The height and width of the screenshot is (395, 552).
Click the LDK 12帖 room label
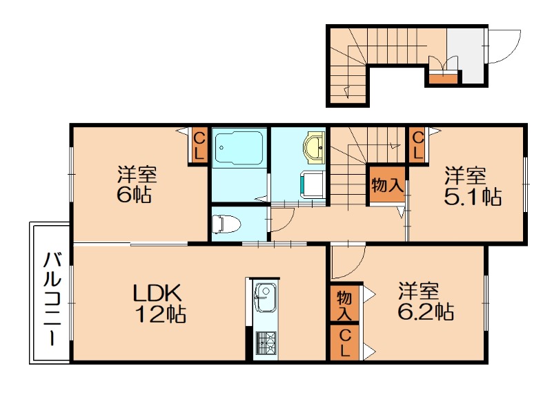click(x=160, y=303)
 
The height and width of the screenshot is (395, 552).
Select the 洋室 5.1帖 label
click(x=473, y=186)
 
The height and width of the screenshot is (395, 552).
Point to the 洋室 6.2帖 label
click(x=426, y=301)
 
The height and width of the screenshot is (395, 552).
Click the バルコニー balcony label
click(x=52, y=298)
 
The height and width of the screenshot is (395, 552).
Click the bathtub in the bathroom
click(x=239, y=148)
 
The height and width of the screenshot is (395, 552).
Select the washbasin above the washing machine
click(x=315, y=148)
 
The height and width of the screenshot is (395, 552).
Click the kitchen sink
click(x=265, y=297)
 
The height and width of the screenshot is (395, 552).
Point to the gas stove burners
click(x=266, y=343)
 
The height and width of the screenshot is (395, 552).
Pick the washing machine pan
click(x=313, y=185)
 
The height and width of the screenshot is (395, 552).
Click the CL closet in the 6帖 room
click(x=199, y=146)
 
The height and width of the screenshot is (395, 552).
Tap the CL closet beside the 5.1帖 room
click(x=418, y=145)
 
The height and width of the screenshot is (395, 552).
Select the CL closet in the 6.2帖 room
click(x=344, y=343)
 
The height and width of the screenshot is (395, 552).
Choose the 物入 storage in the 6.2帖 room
click(x=344, y=303)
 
